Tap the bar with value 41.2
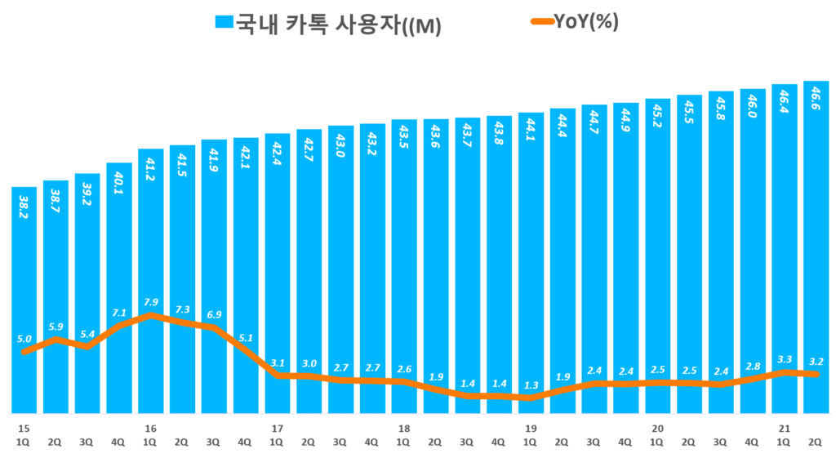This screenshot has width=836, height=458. [x=151, y=245]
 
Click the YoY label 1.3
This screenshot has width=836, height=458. [x=531, y=385]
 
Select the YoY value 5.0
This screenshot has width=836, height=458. [x=24, y=339]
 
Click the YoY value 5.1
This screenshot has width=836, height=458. [x=247, y=336]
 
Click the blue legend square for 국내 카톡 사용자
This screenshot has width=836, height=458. [x=224, y=24]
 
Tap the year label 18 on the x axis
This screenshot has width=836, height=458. [x=403, y=429]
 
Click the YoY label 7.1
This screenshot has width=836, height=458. [x=119, y=312]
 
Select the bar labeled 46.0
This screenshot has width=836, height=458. [x=753, y=245]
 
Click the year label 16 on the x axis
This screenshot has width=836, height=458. [x=150, y=429]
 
